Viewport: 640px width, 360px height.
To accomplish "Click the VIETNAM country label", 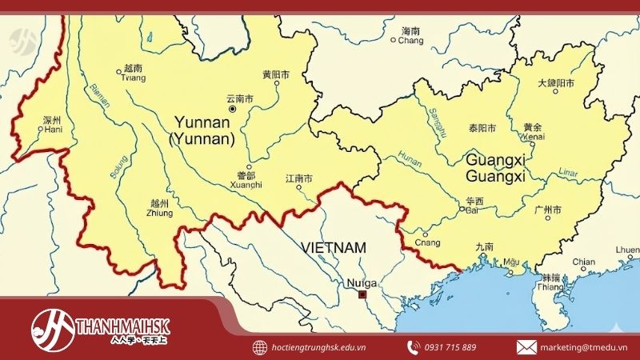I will tap(334, 248).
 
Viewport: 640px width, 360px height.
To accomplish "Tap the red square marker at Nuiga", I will tap(362, 294).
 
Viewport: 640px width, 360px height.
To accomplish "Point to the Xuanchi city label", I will tap(246, 185).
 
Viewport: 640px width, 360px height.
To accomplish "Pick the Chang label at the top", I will tap(410, 39).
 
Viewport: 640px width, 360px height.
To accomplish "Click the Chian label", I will tap(583, 262).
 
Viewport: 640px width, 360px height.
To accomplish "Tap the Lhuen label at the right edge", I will tap(627, 250).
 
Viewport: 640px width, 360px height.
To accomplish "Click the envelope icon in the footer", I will tap(525, 347).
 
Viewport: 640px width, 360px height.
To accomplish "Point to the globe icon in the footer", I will tap(260, 347).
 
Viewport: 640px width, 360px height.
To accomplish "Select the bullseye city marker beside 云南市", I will tap(232, 108).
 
